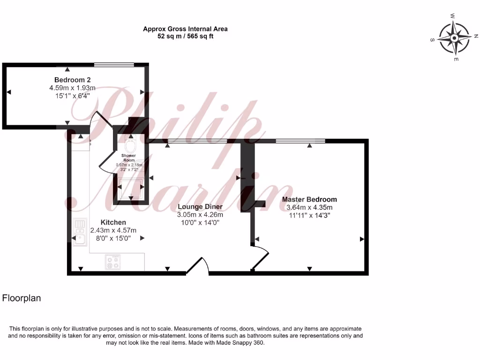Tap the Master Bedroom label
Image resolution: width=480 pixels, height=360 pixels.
click(x=309, y=199)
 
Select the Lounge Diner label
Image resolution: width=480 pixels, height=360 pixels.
click(x=200, y=207)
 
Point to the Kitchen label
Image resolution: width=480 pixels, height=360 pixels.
click(x=113, y=222)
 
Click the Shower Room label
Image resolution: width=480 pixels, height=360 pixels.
click(x=128, y=157)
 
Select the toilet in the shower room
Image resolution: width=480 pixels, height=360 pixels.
click(x=130, y=144)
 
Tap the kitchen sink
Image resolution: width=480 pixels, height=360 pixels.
click(x=80, y=232)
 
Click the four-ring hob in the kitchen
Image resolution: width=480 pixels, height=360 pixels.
click(x=112, y=262)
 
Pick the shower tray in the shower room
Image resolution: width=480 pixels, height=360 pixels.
click(x=131, y=189)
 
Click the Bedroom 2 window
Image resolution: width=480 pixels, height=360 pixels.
click(x=114, y=65)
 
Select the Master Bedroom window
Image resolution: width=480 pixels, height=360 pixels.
click(x=300, y=140)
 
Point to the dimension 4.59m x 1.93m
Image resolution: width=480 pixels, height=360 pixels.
click(x=72, y=88)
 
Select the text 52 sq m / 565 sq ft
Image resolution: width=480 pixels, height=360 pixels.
click(x=185, y=36)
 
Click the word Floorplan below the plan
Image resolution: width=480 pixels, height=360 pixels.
click(x=22, y=298)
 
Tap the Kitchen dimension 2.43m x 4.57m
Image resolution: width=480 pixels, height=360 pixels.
click(x=113, y=230)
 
